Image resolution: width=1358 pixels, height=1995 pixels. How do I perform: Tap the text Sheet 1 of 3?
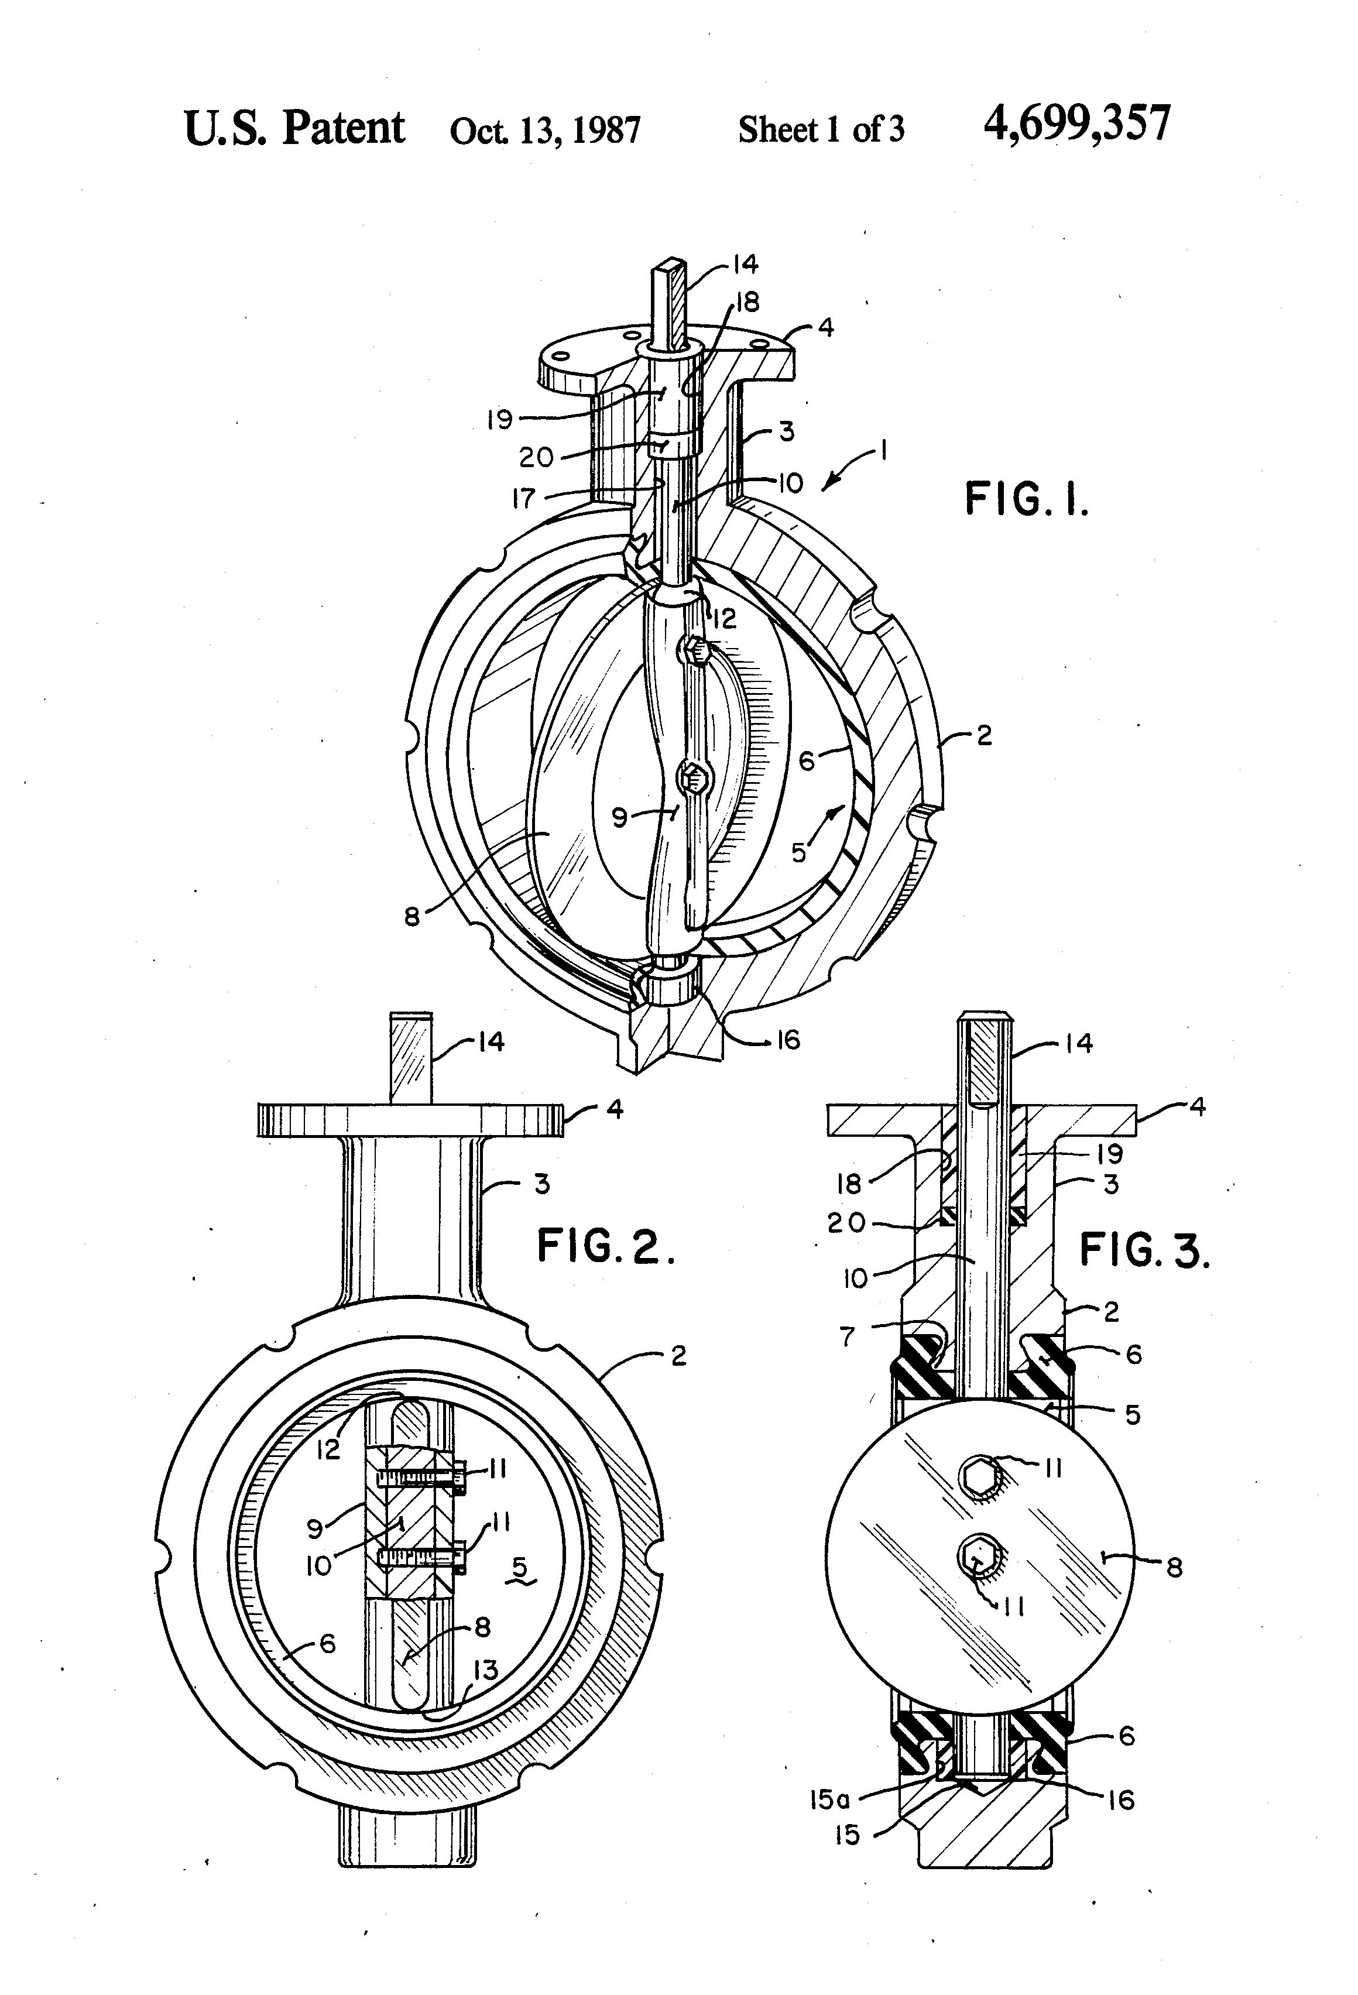coord(821,129)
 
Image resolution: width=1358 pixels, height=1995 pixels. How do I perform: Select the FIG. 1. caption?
coord(1027,499)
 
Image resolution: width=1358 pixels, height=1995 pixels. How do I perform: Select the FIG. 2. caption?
coord(606,1246)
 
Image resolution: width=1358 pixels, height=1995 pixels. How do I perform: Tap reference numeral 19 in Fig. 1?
coord(500,419)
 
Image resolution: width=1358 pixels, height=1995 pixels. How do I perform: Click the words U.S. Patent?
coord(294,129)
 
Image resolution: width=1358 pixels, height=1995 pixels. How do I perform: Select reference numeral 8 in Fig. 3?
coord(1174,1568)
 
